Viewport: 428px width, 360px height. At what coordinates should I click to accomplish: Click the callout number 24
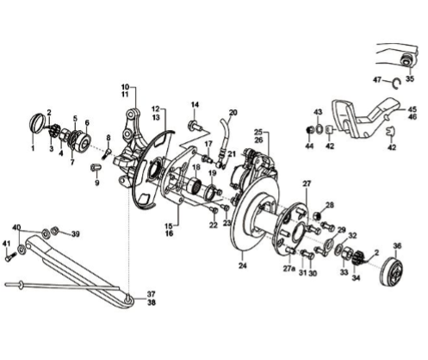243,265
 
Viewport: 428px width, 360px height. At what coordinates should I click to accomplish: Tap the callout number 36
397,246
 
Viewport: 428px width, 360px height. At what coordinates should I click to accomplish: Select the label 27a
289,269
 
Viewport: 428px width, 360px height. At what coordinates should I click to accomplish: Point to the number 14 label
195,104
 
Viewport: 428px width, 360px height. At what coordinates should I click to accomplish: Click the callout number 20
233,112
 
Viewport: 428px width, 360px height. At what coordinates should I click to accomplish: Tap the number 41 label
6,244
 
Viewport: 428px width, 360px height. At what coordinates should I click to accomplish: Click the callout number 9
97,183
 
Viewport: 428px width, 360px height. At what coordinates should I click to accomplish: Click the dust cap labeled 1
37,123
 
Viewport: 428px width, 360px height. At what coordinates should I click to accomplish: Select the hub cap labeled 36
392,271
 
